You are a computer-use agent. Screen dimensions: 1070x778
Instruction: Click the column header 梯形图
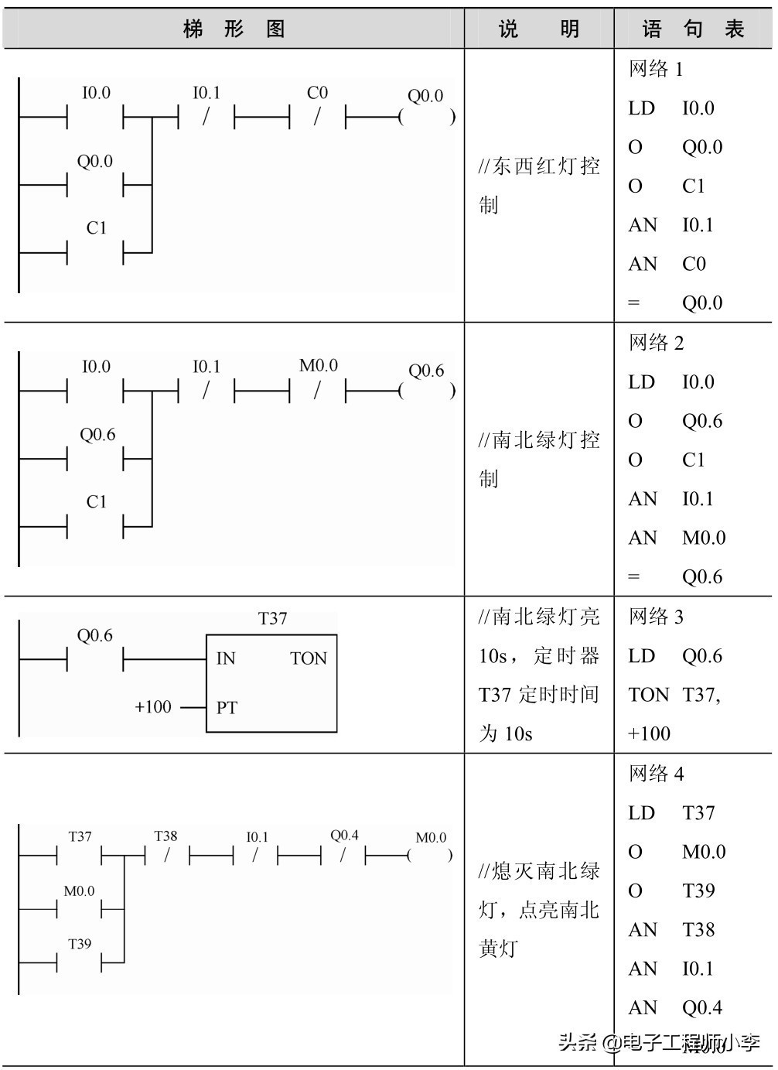tap(234, 29)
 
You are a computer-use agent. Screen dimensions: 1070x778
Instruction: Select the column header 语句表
tap(693, 29)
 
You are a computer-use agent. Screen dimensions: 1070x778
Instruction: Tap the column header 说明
tap(539, 29)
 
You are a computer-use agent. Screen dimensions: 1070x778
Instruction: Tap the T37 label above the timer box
tap(272, 618)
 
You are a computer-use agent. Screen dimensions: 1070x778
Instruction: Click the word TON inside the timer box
tap(309, 658)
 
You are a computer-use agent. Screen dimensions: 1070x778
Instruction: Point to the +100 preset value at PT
tap(153, 706)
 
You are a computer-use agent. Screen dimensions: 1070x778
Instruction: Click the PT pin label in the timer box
tap(227, 707)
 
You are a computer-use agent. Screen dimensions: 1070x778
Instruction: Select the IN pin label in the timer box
tap(226, 658)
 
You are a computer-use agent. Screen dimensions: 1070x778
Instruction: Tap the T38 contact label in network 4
tap(165, 836)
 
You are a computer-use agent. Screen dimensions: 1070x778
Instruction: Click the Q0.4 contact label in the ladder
tap(344, 836)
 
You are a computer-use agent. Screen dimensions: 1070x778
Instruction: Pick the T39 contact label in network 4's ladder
tap(80, 944)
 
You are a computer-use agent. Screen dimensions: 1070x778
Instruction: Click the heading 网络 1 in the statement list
tap(656, 69)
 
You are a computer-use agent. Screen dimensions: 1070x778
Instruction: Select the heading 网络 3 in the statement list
tap(656, 617)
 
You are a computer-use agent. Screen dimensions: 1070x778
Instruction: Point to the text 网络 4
tap(656, 774)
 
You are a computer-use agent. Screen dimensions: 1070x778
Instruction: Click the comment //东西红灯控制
tap(539, 185)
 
